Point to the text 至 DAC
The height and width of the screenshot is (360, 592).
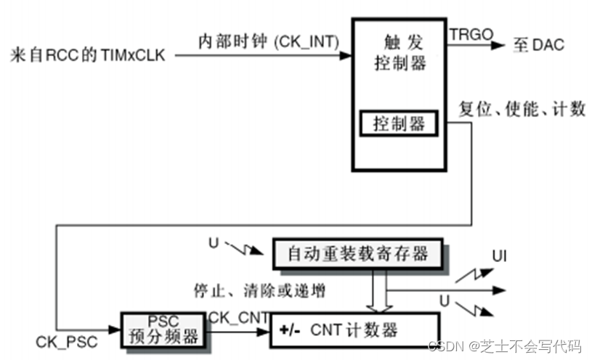tap(538, 45)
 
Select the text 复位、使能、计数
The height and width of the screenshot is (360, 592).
tap(522, 110)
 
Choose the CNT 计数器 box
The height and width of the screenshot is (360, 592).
tap(355, 331)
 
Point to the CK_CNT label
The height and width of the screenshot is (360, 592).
tap(239, 317)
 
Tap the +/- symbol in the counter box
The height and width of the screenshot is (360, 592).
tap(290, 331)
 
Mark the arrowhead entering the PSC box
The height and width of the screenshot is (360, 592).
tap(117, 330)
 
